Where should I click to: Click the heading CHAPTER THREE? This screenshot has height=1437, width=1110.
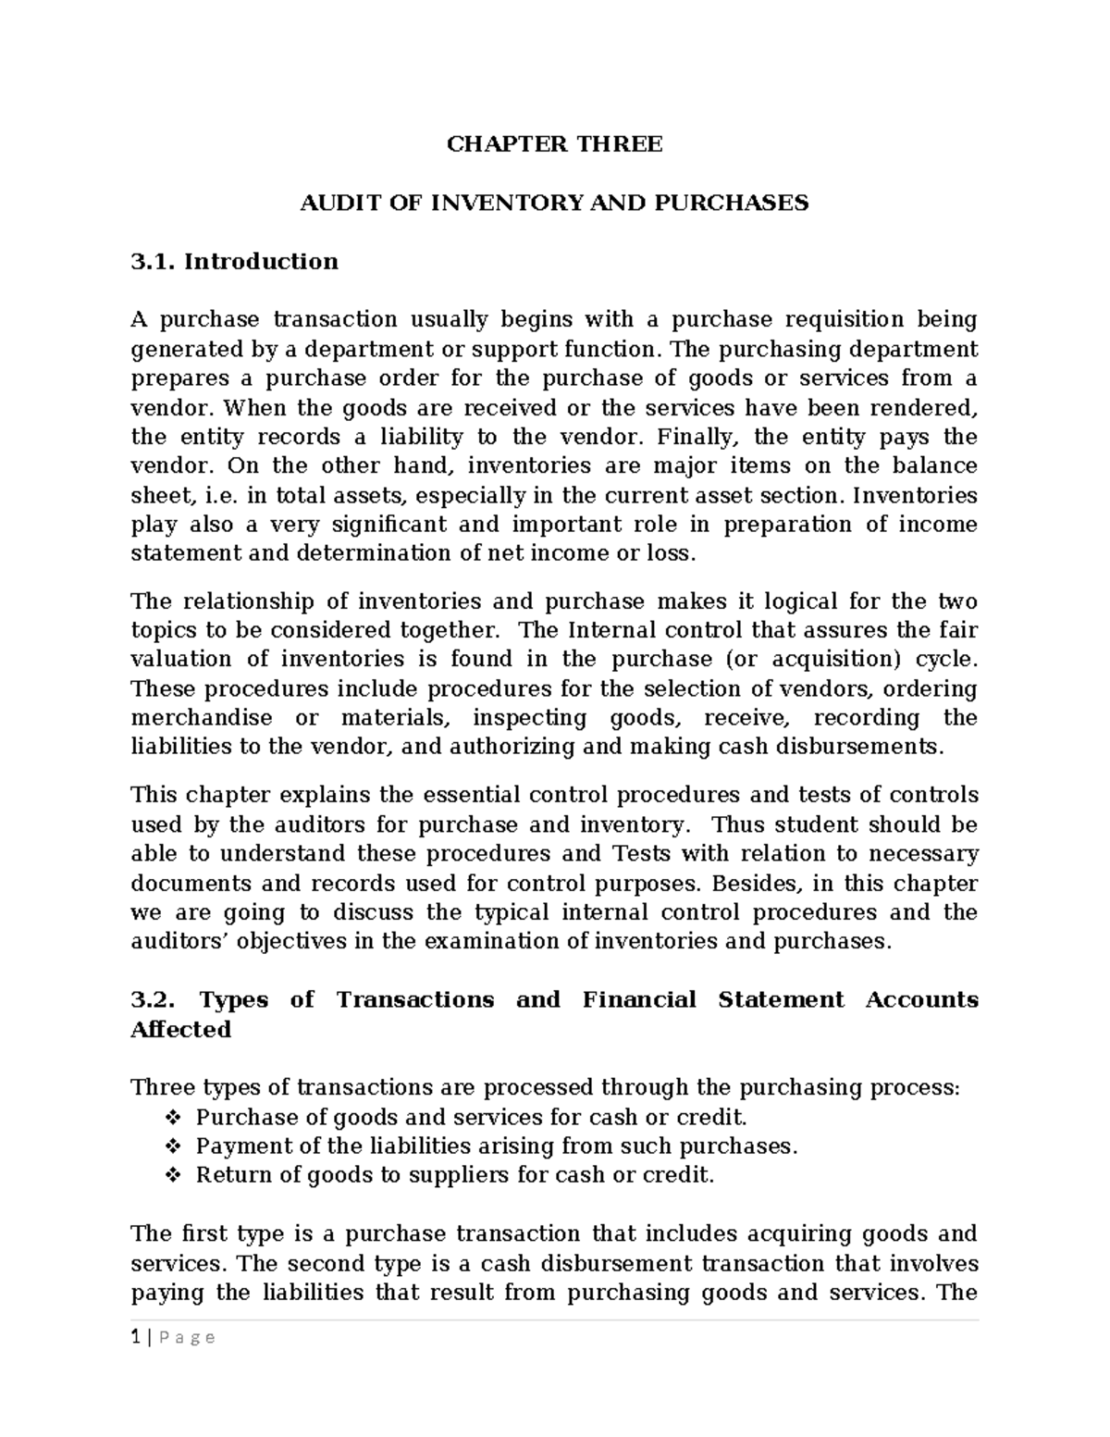[x=554, y=144]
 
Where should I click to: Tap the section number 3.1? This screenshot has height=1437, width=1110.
[x=154, y=262]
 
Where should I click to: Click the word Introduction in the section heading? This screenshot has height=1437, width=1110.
[x=261, y=262]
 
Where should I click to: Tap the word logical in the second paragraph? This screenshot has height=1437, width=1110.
[x=766, y=602]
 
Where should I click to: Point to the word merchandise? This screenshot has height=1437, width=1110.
[x=202, y=719]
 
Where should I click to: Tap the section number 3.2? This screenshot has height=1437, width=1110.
[x=154, y=1000]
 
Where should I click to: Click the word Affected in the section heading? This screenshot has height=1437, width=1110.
[x=181, y=1030]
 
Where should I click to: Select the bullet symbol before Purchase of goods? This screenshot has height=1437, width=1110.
[x=171, y=1118]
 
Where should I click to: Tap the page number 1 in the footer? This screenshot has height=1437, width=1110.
[x=135, y=1337]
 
